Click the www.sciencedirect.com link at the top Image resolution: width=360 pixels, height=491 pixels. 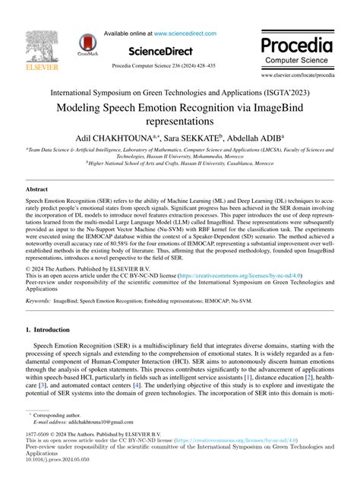click(x=185, y=34)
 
